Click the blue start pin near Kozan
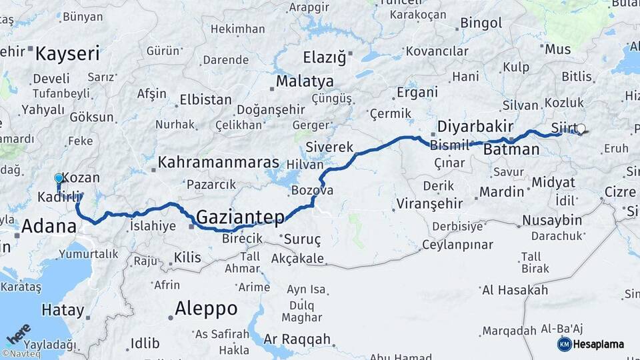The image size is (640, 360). tap(59, 178)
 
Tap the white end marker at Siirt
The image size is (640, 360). tap(581, 129)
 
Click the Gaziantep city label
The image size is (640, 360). tap(240, 217)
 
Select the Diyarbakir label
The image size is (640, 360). tap(475, 127)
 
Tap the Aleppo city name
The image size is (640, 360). tap(206, 309)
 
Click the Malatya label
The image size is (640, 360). tap(305, 81)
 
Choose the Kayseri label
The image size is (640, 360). tap(67, 53)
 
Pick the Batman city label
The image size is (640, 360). tap(511, 149)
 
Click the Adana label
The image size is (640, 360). tap(49, 226)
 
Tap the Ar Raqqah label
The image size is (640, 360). tap(297, 339)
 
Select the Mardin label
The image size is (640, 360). tap(501, 192)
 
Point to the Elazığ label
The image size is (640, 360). tap(325, 57)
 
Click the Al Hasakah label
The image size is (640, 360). tap(515, 290)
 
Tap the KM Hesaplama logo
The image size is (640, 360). tap(591, 344)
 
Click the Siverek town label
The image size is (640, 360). tap(329, 147)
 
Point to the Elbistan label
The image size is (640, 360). tap(205, 101)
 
